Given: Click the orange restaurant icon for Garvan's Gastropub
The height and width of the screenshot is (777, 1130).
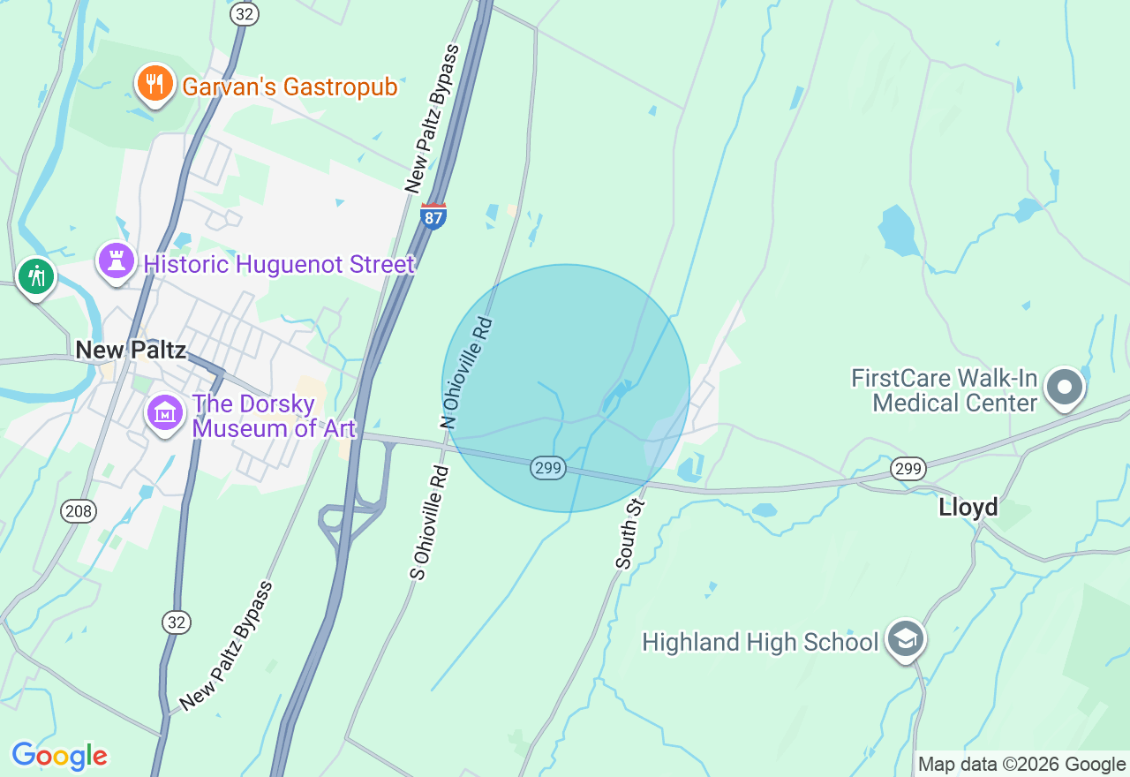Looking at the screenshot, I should [154, 84].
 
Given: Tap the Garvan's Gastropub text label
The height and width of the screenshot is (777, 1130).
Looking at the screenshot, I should [290, 87].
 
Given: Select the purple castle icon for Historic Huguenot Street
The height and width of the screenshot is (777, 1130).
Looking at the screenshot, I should [116, 261].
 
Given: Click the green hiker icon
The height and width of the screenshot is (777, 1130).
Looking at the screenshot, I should [36, 276].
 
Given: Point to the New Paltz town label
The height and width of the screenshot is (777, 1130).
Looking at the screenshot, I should [131, 350].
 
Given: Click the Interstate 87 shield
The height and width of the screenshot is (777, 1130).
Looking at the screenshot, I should [433, 216].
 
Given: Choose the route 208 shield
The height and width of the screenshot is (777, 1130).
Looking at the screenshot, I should [79, 510].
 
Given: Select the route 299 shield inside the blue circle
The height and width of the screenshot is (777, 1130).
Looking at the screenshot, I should [548, 468].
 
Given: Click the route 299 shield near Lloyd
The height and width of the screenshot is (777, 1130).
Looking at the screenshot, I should [908, 468].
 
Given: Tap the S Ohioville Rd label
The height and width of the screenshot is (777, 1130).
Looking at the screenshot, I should [431, 523].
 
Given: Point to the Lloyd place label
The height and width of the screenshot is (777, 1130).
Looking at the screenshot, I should [968, 508].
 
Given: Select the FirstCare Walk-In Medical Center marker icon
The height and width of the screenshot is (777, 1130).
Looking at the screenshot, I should [1064, 388].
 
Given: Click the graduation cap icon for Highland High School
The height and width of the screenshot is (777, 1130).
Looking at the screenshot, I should [905, 638].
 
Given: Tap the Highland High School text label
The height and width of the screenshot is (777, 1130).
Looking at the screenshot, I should [760, 642].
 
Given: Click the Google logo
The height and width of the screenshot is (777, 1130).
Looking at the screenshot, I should [59, 756].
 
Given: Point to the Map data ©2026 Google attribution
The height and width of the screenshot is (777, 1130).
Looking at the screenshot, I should [1021, 765].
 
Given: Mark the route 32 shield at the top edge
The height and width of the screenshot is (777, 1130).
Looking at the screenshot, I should [245, 13].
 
